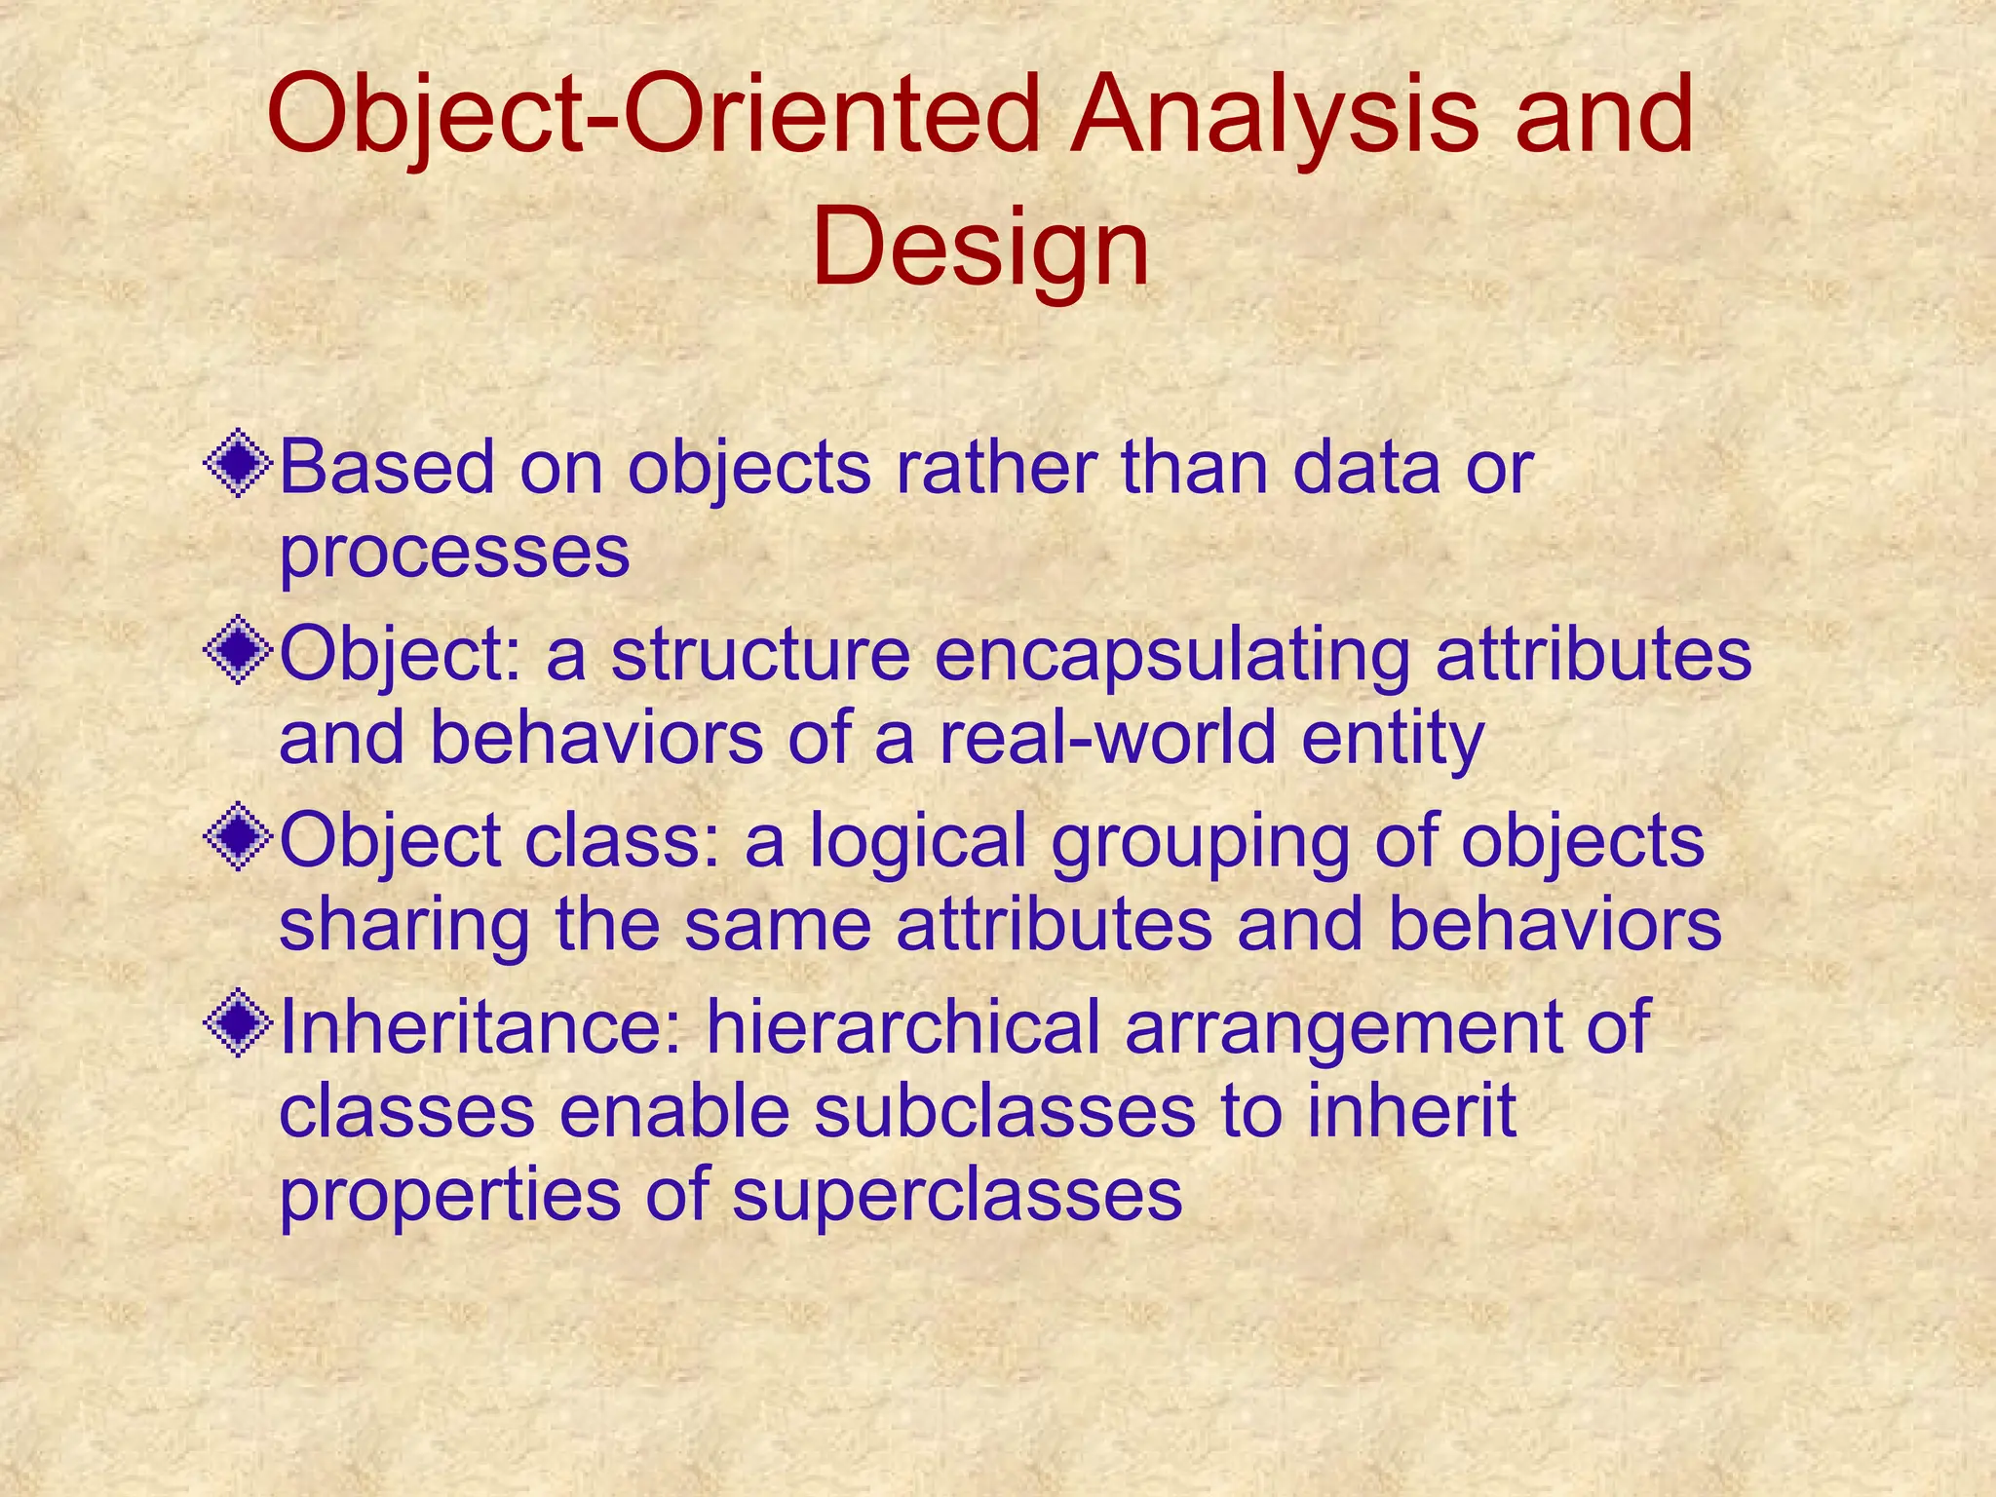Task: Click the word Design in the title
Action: coord(979,251)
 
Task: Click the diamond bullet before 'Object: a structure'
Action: coord(237,653)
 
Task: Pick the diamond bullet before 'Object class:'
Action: coord(237,838)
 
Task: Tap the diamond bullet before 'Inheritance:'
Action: coord(237,1025)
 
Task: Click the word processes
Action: coord(454,552)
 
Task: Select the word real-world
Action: coord(1107,737)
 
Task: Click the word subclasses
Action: coord(1004,1111)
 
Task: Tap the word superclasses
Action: coord(957,1195)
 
